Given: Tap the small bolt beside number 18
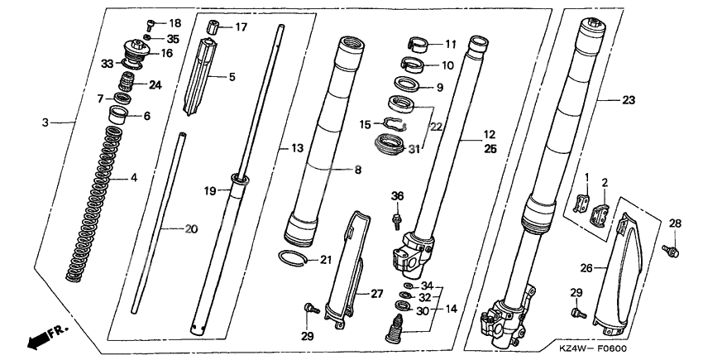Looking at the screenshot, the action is point(151,25).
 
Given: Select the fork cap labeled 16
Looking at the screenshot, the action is point(135,50).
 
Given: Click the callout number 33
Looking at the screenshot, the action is point(108,64).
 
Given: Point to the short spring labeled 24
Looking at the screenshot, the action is point(127,82).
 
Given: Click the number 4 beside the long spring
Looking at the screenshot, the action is point(134,178).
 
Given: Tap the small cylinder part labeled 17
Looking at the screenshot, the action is point(214,26).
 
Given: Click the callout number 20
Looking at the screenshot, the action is point(191,229).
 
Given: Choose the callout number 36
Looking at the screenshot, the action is point(397,195).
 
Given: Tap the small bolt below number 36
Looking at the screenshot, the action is point(396,222).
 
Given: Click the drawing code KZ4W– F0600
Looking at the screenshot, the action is point(593,348).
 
